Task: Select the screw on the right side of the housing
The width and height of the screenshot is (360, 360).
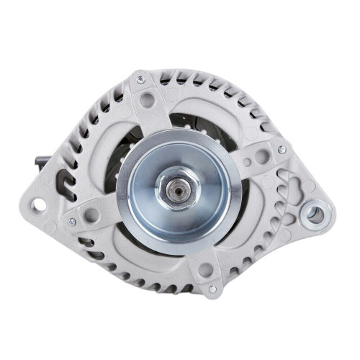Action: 282,150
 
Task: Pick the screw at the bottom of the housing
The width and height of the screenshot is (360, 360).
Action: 212,289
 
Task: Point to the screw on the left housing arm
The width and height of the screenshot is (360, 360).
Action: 71,222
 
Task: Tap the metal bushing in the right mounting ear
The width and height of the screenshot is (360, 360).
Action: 313,212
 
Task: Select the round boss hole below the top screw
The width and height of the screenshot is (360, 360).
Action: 148,100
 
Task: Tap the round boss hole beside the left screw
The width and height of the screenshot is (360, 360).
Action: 91,215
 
